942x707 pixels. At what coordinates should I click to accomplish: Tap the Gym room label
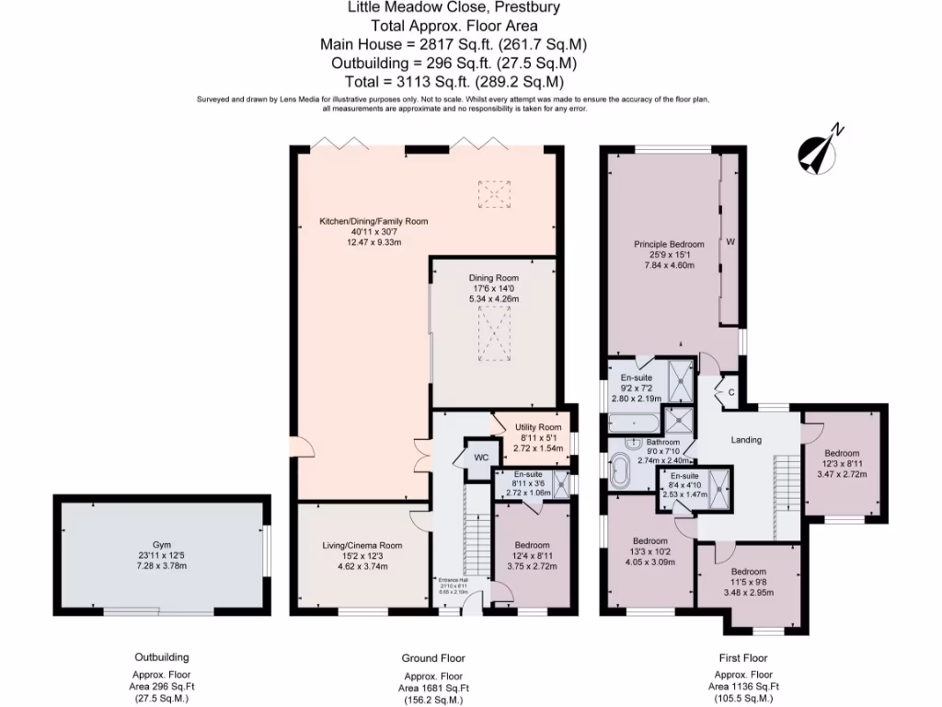pyautogui.click(x=162, y=545)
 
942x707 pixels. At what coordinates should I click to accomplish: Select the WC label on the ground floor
pyautogui.click(x=481, y=458)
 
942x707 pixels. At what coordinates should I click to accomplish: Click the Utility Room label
pyautogui.click(x=536, y=427)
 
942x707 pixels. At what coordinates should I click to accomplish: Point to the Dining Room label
pyautogui.click(x=495, y=278)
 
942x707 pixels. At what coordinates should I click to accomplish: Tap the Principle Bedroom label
pyautogui.click(x=669, y=244)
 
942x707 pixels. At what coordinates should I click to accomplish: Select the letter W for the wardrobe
pyautogui.click(x=730, y=243)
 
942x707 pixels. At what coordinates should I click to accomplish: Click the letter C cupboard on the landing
pyautogui.click(x=730, y=393)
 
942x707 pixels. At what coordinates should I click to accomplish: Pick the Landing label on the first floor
pyautogui.click(x=746, y=440)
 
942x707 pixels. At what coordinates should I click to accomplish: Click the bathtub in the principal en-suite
pyautogui.click(x=633, y=425)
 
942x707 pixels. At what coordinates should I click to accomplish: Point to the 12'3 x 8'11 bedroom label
pyautogui.click(x=842, y=453)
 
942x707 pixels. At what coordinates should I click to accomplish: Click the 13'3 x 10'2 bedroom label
pyautogui.click(x=649, y=540)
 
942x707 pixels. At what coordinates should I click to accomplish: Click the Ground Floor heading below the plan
pyautogui.click(x=433, y=658)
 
